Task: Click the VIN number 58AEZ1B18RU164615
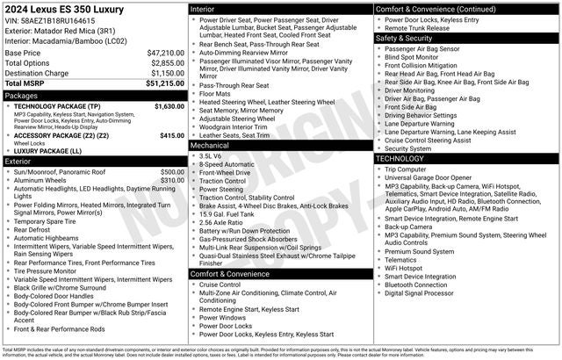pyautogui.click(x=58, y=20)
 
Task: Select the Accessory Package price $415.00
pyautogui.click(x=172, y=135)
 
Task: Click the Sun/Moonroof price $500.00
pyautogui.click(x=172, y=172)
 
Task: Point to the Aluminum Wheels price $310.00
pyautogui.click(x=172, y=181)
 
